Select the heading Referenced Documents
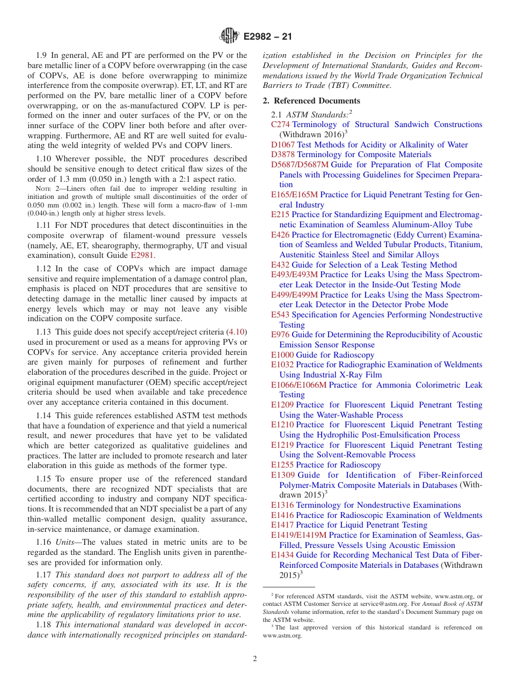tap(317, 100)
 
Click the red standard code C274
tap(280, 124)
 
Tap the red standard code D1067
tap(283, 145)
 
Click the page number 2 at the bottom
tap(255, 658)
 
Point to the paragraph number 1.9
tap(42, 55)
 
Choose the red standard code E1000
tap(282, 355)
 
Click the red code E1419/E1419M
tap(298, 535)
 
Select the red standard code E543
tap(280, 315)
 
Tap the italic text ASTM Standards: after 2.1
tap(317, 114)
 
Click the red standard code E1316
tap(282, 505)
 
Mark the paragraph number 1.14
tap(45, 415)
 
